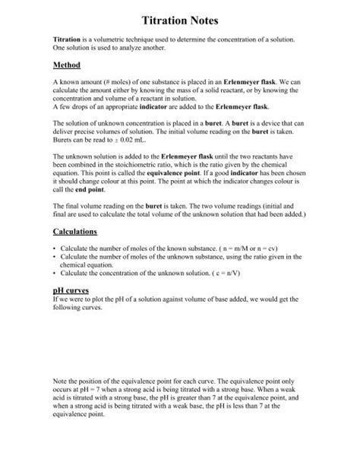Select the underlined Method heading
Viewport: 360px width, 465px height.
(67, 65)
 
